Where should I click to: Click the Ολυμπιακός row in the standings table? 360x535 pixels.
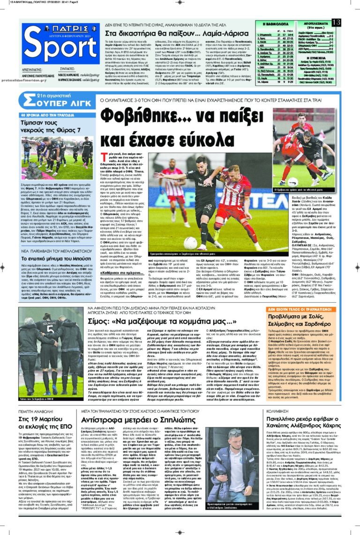tap(277, 35)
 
